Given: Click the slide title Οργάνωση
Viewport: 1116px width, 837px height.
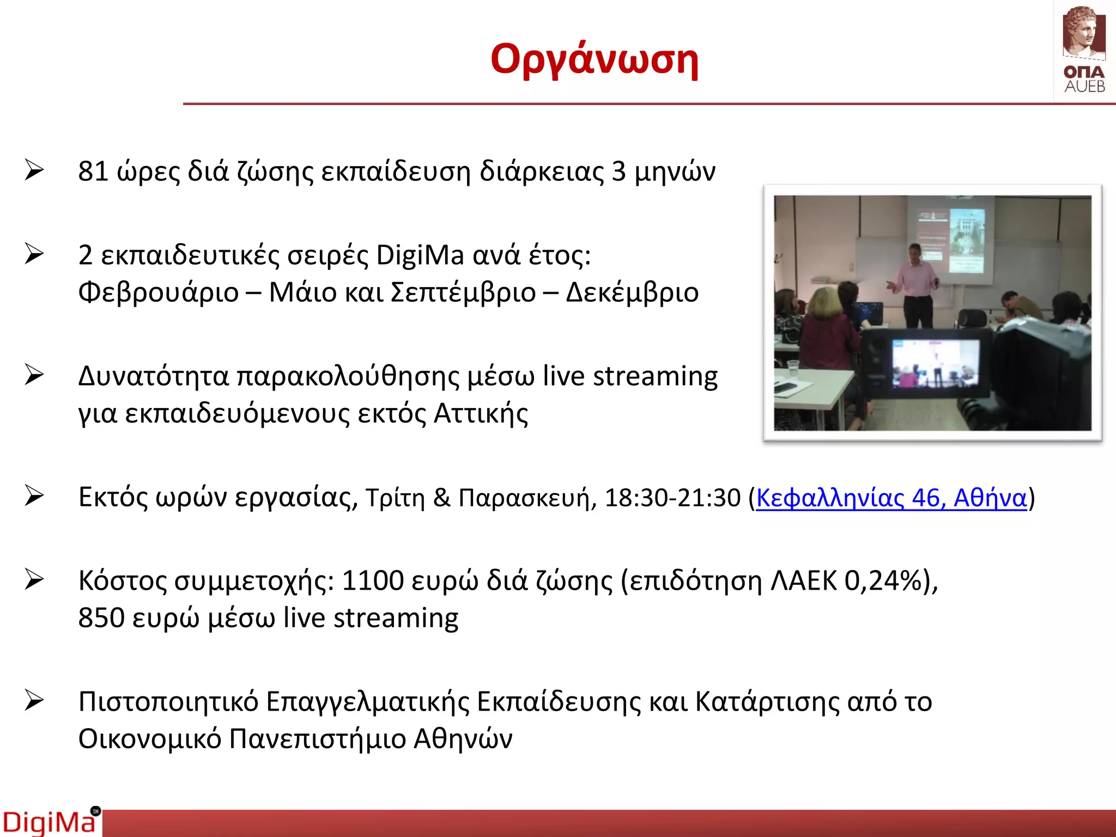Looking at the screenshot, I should (x=594, y=59).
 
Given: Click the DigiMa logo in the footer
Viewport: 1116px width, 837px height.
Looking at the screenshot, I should (x=50, y=822).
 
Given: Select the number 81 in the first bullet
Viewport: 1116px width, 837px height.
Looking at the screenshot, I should (x=93, y=172).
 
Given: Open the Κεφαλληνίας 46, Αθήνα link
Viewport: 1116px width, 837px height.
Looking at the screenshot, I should (x=891, y=498).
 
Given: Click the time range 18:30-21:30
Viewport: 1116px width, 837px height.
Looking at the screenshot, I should (x=672, y=498).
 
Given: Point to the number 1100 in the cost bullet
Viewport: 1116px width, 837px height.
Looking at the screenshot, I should (x=373, y=581).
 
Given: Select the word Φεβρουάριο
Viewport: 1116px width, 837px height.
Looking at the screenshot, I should (x=159, y=293).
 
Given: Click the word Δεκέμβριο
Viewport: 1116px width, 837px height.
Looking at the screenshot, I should (x=632, y=293).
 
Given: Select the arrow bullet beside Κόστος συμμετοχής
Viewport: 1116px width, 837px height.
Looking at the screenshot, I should (x=34, y=580).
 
